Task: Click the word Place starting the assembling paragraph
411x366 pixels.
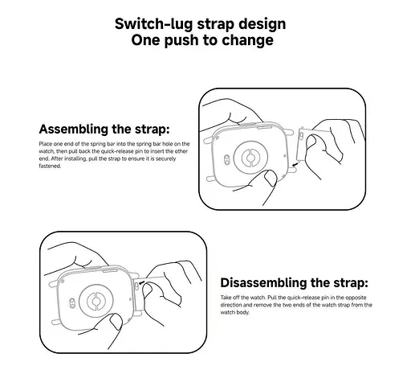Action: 44,143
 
